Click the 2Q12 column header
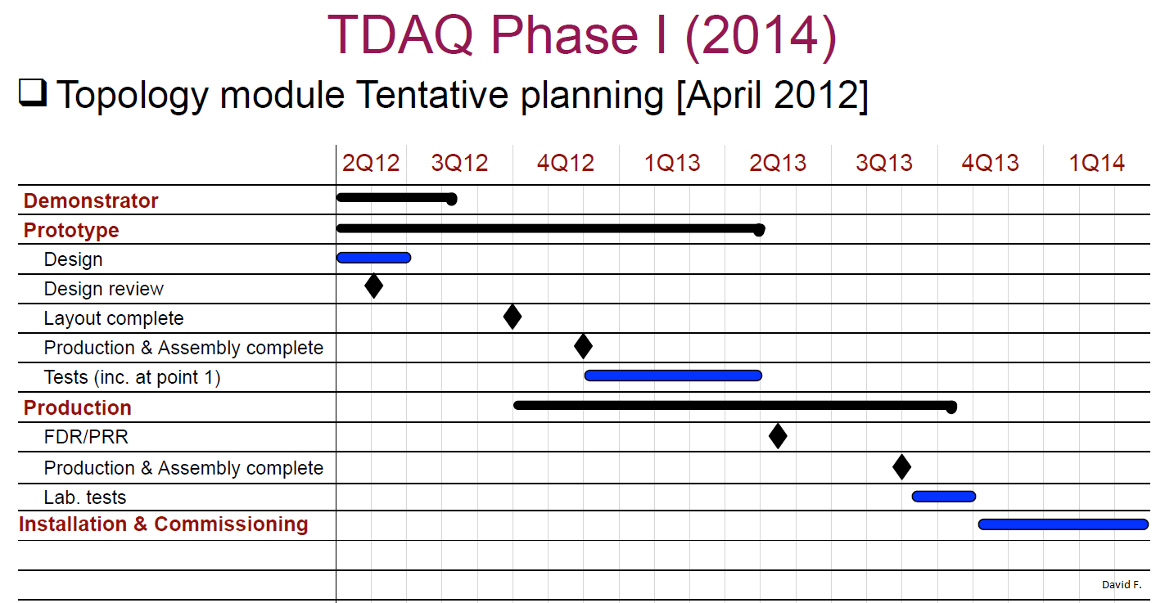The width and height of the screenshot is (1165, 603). [x=370, y=163]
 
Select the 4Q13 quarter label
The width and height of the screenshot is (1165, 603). [x=990, y=163]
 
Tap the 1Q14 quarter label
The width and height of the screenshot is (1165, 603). [x=1096, y=163]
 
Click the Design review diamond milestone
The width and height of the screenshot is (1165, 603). [x=373, y=286]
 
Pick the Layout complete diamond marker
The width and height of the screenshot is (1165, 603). [x=513, y=317]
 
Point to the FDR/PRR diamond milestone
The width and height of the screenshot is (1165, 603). [x=778, y=435]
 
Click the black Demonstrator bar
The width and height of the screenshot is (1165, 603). [x=397, y=198]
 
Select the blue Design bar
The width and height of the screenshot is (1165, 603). [x=373, y=258]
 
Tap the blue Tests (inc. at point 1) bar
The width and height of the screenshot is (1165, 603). [x=673, y=376]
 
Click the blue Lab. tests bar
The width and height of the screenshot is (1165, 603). [x=943, y=497]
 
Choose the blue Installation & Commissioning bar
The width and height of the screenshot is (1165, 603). [x=1063, y=524]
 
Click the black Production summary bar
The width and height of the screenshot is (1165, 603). [x=735, y=406]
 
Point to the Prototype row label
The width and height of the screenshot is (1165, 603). [x=71, y=230]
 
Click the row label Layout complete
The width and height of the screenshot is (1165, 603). [x=113, y=318]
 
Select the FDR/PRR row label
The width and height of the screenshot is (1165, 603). [x=86, y=437]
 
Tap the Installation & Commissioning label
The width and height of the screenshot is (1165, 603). [x=163, y=524]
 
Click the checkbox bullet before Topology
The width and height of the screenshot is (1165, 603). [x=33, y=93]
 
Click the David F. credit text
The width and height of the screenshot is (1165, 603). [x=1122, y=585]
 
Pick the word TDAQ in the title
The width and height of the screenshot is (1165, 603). [x=400, y=35]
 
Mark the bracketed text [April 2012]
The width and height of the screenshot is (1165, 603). [x=773, y=96]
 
